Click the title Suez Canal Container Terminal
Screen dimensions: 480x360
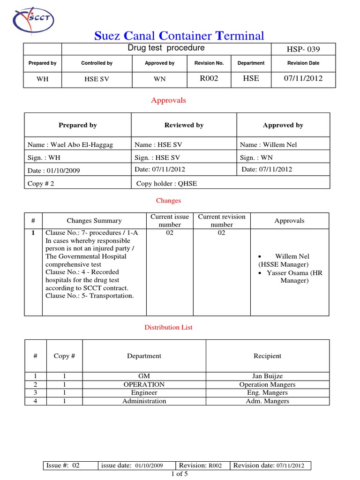pyautogui.click(x=180, y=36)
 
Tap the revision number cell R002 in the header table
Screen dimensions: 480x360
pyautogui.click(x=209, y=78)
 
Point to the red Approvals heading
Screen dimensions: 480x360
pyautogui.click(x=168, y=100)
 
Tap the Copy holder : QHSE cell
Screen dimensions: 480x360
pyautogui.click(x=166, y=184)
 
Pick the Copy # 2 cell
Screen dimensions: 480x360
pyautogui.click(x=41, y=184)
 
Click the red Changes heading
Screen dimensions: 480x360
pyautogui.click(x=168, y=201)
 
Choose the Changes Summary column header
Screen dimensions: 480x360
pyautogui.click(x=94, y=221)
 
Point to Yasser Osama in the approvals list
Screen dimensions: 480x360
pyautogui.click(x=294, y=273)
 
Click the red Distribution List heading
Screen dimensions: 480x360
pyautogui.click(x=168, y=327)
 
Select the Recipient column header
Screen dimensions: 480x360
pyautogui.click(x=267, y=356)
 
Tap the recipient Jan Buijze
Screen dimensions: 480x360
pyautogui.click(x=267, y=376)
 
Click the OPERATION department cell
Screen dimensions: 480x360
pyautogui.click(x=144, y=384)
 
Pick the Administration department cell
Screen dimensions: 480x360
pyautogui.click(x=144, y=401)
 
